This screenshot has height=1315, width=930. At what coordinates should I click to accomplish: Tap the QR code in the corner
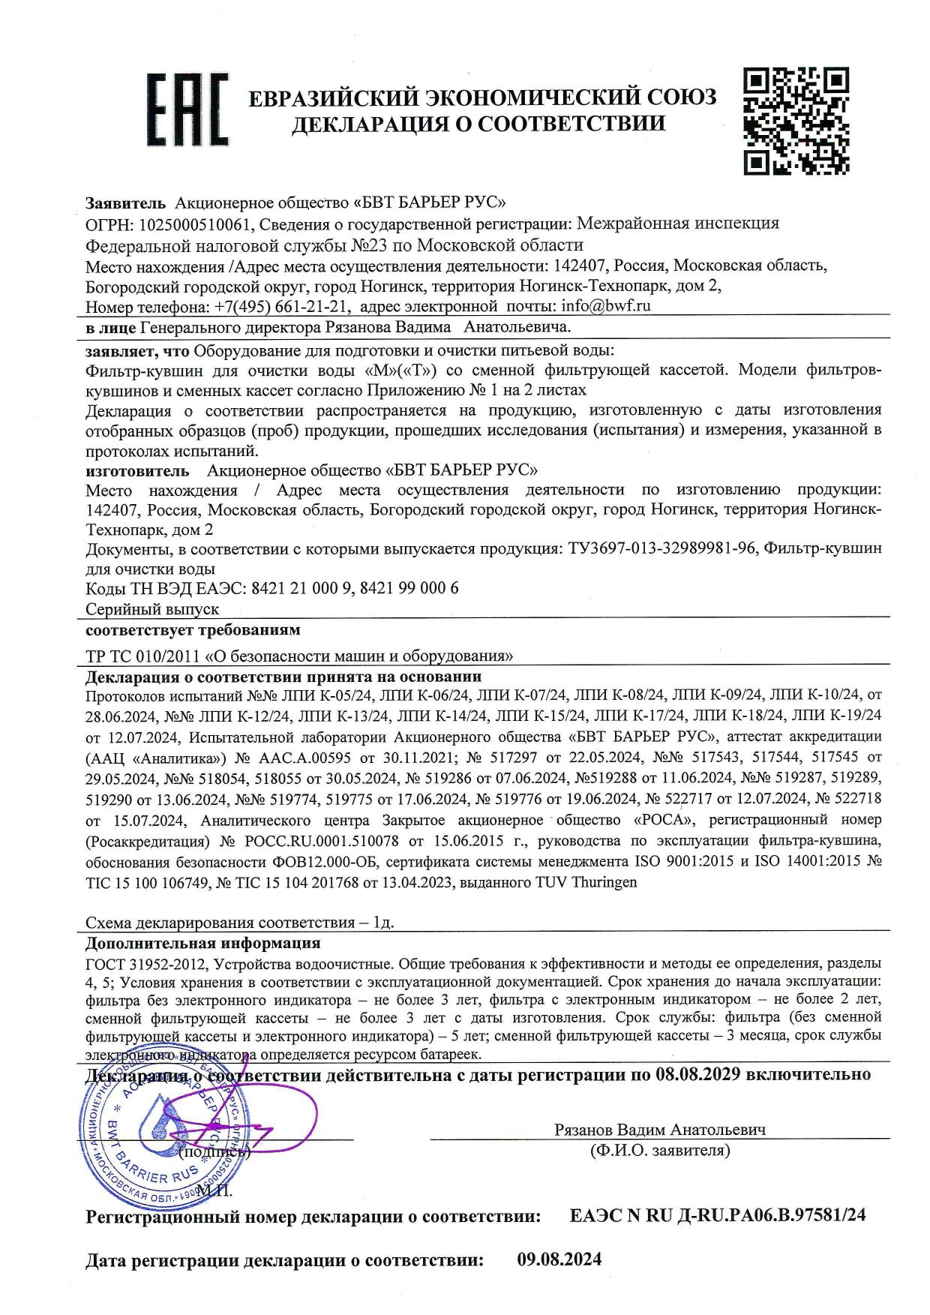click(796, 120)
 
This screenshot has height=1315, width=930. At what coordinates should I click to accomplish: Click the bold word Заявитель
click(124, 203)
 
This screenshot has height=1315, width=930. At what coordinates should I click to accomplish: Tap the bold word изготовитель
click(137, 470)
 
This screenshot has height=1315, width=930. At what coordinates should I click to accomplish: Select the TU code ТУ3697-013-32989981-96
click(661, 548)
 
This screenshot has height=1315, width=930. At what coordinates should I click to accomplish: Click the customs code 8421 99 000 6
click(409, 588)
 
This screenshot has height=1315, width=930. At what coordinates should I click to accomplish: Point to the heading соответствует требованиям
click(193, 629)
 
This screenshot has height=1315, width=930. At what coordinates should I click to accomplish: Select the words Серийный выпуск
click(152, 608)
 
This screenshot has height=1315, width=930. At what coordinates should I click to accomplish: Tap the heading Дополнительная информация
click(202, 943)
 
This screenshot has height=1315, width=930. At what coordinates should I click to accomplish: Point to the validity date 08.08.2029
click(697, 1073)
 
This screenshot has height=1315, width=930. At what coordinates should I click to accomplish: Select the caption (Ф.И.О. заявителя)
click(660, 1150)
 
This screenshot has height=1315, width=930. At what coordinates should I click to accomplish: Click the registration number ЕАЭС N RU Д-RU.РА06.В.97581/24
click(718, 1215)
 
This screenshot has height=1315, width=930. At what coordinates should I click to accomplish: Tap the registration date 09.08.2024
click(559, 1259)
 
